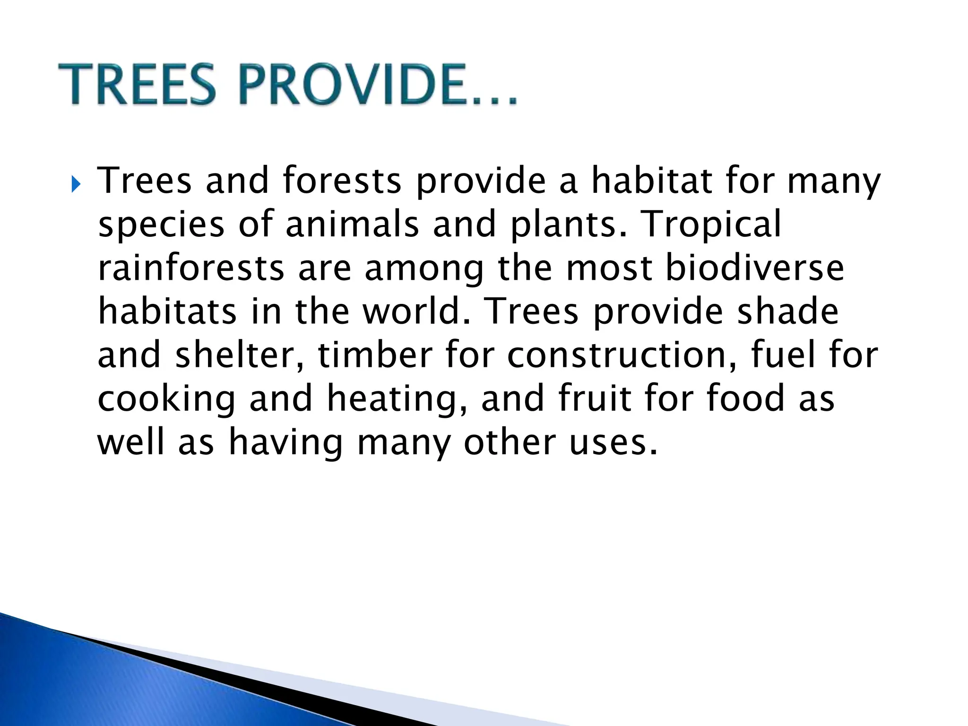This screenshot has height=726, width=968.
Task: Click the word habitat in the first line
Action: click(652, 181)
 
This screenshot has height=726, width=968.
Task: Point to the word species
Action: click(161, 225)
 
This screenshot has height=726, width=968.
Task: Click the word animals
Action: click(352, 225)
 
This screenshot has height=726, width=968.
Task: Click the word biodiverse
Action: click(755, 268)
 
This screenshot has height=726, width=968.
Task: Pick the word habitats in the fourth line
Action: click(167, 312)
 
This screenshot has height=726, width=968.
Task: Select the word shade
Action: click(788, 312)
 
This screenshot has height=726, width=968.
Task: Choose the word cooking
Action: click(166, 399)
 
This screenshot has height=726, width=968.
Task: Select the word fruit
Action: click(594, 398)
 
